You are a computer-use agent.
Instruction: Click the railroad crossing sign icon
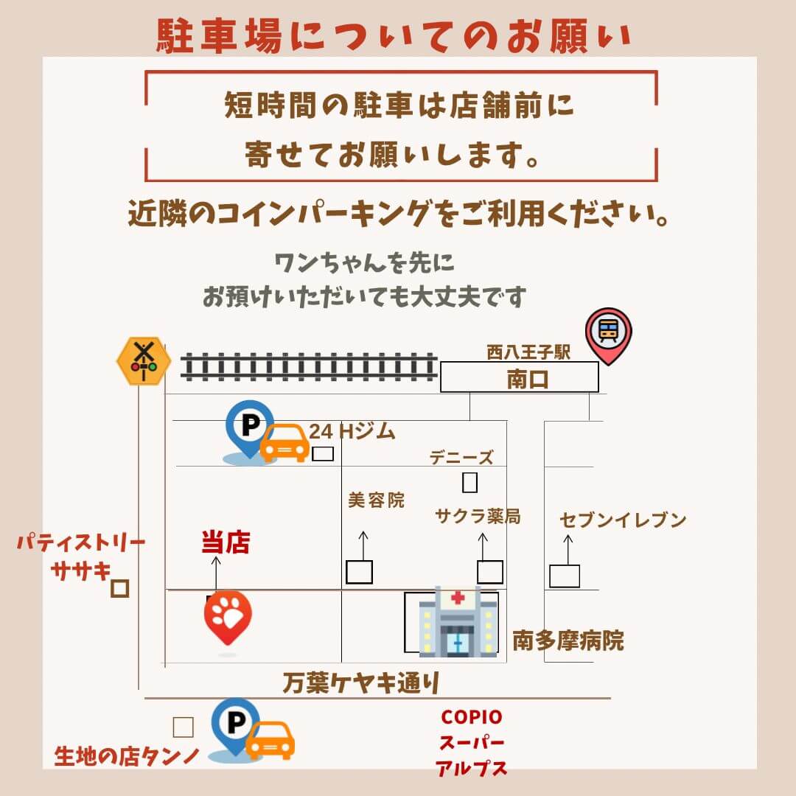pos(144,360)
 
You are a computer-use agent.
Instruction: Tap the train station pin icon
pos(608,335)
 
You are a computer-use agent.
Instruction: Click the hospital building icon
pos(458,621)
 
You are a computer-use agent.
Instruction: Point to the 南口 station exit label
pos(528,380)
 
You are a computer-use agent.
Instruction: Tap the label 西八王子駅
pos(528,352)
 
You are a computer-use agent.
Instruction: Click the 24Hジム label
pos(352,431)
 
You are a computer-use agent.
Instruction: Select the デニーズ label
pos(461,458)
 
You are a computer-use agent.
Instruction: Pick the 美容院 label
pos(376,500)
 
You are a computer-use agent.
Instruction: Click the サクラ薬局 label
pos(478,516)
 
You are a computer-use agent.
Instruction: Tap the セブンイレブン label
pos(623,520)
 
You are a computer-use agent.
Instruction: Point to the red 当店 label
pos(226,542)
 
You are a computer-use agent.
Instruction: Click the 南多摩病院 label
pos(568,640)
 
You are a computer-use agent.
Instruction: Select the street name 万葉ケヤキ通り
pos(361,682)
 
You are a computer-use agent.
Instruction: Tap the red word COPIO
pos(472,717)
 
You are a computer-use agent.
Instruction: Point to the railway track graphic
pos(309,366)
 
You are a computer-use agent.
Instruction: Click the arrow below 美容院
pos(363,546)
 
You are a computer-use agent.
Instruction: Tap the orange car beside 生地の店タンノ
pos(270,741)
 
